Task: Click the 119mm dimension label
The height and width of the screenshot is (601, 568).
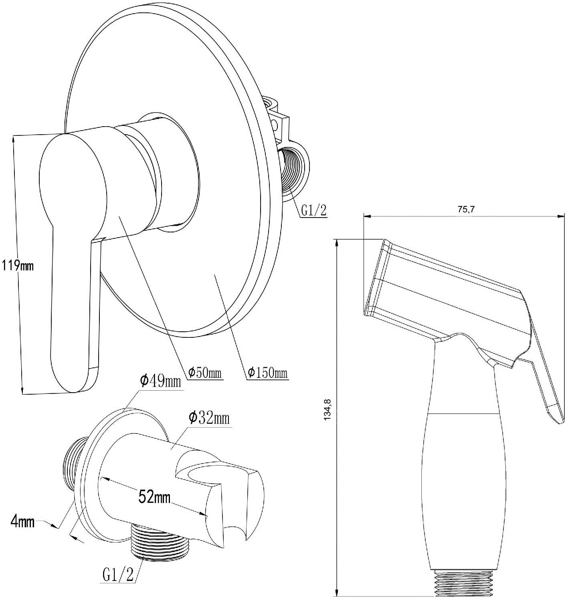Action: [18, 266]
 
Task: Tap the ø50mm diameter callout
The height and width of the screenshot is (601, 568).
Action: [205, 372]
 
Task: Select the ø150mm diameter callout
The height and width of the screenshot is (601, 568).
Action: [267, 372]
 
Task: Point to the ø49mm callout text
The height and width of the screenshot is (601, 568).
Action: [160, 381]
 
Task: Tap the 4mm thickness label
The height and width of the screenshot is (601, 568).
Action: [22, 522]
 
